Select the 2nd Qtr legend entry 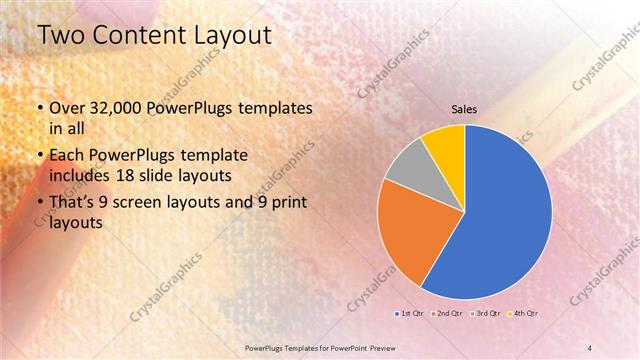[446, 314]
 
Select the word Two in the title [57, 36]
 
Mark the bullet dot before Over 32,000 [39, 109]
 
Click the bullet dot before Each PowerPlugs [39, 157]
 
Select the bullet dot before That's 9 [39, 204]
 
